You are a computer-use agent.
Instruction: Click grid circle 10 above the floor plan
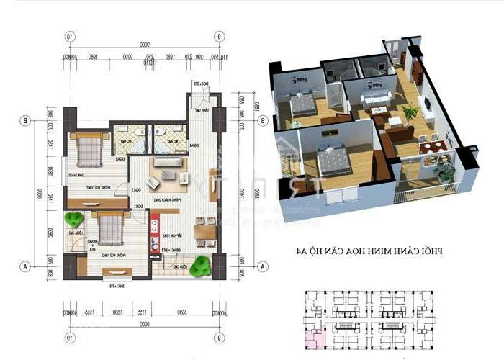pyautogui.click(x=70, y=35)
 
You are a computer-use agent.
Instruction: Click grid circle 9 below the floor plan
pyautogui.click(x=218, y=336)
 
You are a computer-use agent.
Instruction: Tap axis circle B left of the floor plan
pyautogui.click(x=26, y=120)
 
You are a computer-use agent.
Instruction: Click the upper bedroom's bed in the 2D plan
pyautogui.click(x=89, y=150)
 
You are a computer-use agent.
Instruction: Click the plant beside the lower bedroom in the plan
pyautogui.click(x=73, y=220)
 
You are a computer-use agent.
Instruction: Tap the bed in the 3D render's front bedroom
pyautogui.click(x=333, y=161)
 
